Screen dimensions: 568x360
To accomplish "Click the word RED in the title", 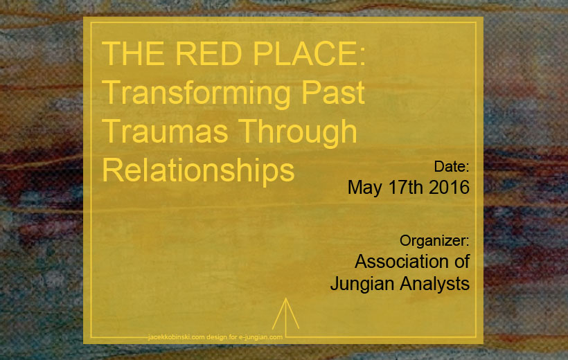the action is pyautogui.click(x=208, y=53).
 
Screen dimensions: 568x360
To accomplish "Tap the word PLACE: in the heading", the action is pyautogui.click(x=309, y=53).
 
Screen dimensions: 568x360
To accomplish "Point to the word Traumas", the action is pyautogui.click(x=165, y=132).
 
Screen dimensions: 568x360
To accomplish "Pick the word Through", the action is pyautogui.click(x=298, y=133).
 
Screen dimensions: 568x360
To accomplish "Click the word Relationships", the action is pyautogui.click(x=198, y=170).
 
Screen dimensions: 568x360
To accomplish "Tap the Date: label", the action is pyautogui.click(x=452, y=167).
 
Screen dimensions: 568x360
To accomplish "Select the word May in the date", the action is pyautogui.click(x=365, y=188).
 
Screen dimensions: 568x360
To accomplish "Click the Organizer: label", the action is pyautogui.click(x=434, y=241).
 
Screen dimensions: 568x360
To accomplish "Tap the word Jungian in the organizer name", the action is pyautogui.click(x=362, y=284).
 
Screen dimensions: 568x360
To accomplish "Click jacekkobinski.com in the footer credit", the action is pyautogui.click(x=177, y=337).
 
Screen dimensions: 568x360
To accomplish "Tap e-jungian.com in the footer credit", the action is pyautogui.click(x=260, y=337).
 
